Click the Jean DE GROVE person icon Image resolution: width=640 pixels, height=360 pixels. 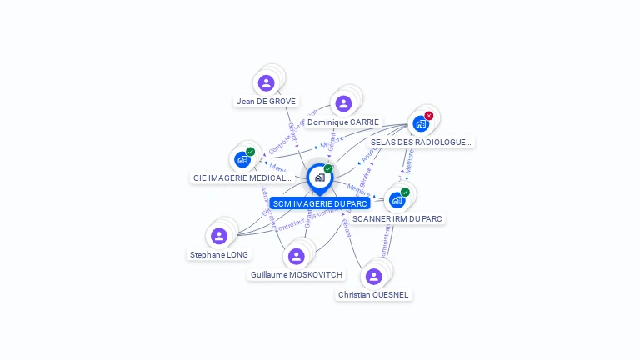click(x=266, y=82)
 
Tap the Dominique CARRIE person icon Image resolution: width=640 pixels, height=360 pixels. click(x=343, y=103)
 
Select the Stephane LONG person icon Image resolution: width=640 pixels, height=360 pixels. click(x=219, y=236)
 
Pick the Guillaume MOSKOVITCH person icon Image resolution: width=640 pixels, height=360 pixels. click(x=296, y=256)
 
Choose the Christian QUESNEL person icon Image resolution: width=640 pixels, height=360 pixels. click(x=373, y=276)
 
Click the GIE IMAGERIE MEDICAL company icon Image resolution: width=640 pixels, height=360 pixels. click(x=242, y=159)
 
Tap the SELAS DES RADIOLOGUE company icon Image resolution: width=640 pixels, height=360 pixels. click(x=421, y=123)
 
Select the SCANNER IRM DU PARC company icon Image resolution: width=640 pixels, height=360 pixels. click(x=397, y=200)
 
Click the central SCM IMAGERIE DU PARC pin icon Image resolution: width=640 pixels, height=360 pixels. click(x=319, y=177)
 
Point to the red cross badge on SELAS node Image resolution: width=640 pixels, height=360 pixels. click(x=429, y=116)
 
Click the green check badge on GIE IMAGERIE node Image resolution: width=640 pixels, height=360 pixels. click(x=250, y=152)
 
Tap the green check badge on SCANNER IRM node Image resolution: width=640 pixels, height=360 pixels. click(x=405, y=192)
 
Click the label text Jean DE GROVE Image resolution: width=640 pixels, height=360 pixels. click(x=266, y=102)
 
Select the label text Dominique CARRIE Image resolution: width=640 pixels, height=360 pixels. click(x=343, y=122)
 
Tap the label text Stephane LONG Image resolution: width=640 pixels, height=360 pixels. click(x=219, y=255)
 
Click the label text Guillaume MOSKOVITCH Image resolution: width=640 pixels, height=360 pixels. click(x=296, y=275)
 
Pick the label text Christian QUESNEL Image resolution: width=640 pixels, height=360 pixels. click(x=374, y=295)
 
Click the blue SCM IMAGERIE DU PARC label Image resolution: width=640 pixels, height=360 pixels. click(x=320, y=203)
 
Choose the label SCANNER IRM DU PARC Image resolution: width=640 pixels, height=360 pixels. click(x=397, y=218)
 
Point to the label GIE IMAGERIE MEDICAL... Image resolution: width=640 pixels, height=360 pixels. click(x=242, y=178)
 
